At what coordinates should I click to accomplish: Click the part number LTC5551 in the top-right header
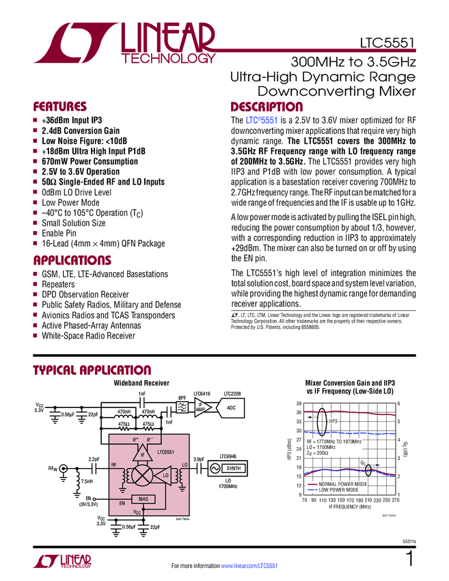tap(387, 46)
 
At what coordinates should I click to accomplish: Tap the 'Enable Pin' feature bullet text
tap(62, 233)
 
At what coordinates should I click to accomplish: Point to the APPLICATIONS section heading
tap(72, 260)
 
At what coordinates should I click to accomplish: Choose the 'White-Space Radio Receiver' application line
tap(88, 336)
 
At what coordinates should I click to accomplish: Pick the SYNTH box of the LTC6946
tap(232, 468)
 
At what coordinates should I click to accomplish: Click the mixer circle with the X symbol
tap(143, 474)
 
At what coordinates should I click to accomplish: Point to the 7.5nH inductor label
tap(87, 482)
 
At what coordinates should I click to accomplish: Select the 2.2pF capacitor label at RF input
tap(94, 459)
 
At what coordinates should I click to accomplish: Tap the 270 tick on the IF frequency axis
tap(394, 500)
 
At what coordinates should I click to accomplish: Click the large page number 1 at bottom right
tap(409, 560)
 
